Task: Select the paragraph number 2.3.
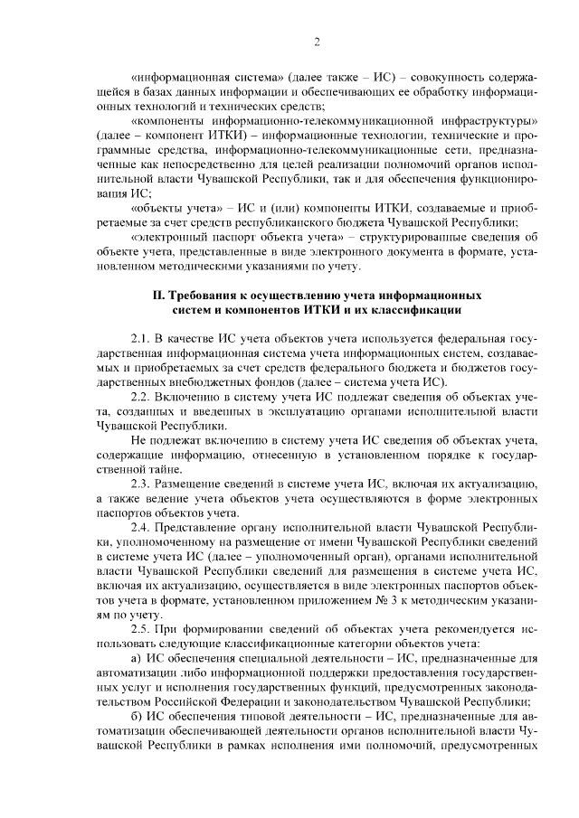142,484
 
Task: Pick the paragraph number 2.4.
142,527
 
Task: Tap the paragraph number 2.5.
142,628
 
